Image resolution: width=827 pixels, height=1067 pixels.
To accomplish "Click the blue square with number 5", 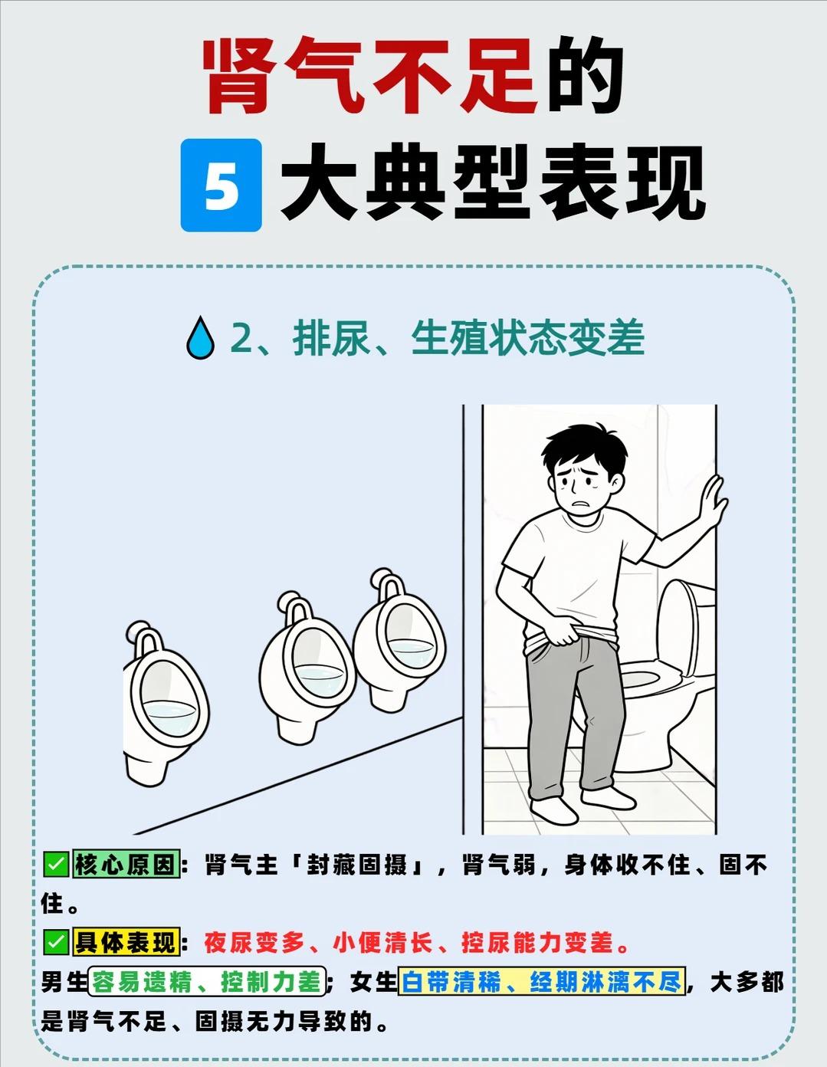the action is [x=221, y=185].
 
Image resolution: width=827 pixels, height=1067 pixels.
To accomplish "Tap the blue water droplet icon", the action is [x=200, y=338].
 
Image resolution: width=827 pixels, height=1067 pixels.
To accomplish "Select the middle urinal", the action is [x=305, y=668].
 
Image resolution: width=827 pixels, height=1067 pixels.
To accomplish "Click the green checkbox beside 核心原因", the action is [x=56, y=864].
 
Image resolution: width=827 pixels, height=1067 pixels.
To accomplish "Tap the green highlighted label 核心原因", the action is [x=126, y=864].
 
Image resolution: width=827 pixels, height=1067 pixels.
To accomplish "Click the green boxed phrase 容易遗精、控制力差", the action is [x=207, y=983].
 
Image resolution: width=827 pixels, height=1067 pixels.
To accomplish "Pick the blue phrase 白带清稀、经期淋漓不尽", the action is [x=542, y=982].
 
